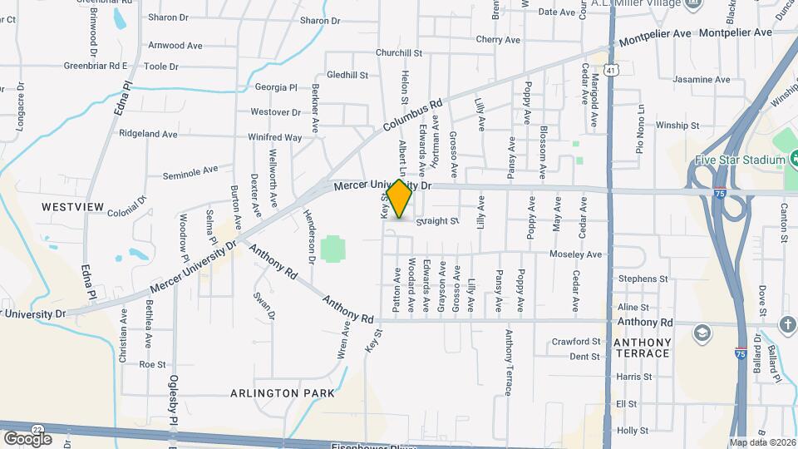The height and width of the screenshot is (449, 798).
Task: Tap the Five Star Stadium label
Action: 740,160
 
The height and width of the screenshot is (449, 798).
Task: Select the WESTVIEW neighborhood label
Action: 72,206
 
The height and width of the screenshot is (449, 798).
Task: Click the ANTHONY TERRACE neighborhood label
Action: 642,348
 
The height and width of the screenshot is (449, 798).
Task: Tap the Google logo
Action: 27,438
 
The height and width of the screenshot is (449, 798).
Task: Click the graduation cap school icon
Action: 703,333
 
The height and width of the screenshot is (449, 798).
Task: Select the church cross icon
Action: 787,323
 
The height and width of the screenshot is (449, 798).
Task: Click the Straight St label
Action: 437,221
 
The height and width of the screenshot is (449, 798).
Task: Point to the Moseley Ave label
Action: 574,254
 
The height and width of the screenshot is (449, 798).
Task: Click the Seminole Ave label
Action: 190,170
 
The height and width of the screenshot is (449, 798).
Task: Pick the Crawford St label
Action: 576,341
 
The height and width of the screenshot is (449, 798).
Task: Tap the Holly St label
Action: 632,431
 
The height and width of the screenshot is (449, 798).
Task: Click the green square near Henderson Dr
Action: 332,248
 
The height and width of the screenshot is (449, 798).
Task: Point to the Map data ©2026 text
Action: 762,442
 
